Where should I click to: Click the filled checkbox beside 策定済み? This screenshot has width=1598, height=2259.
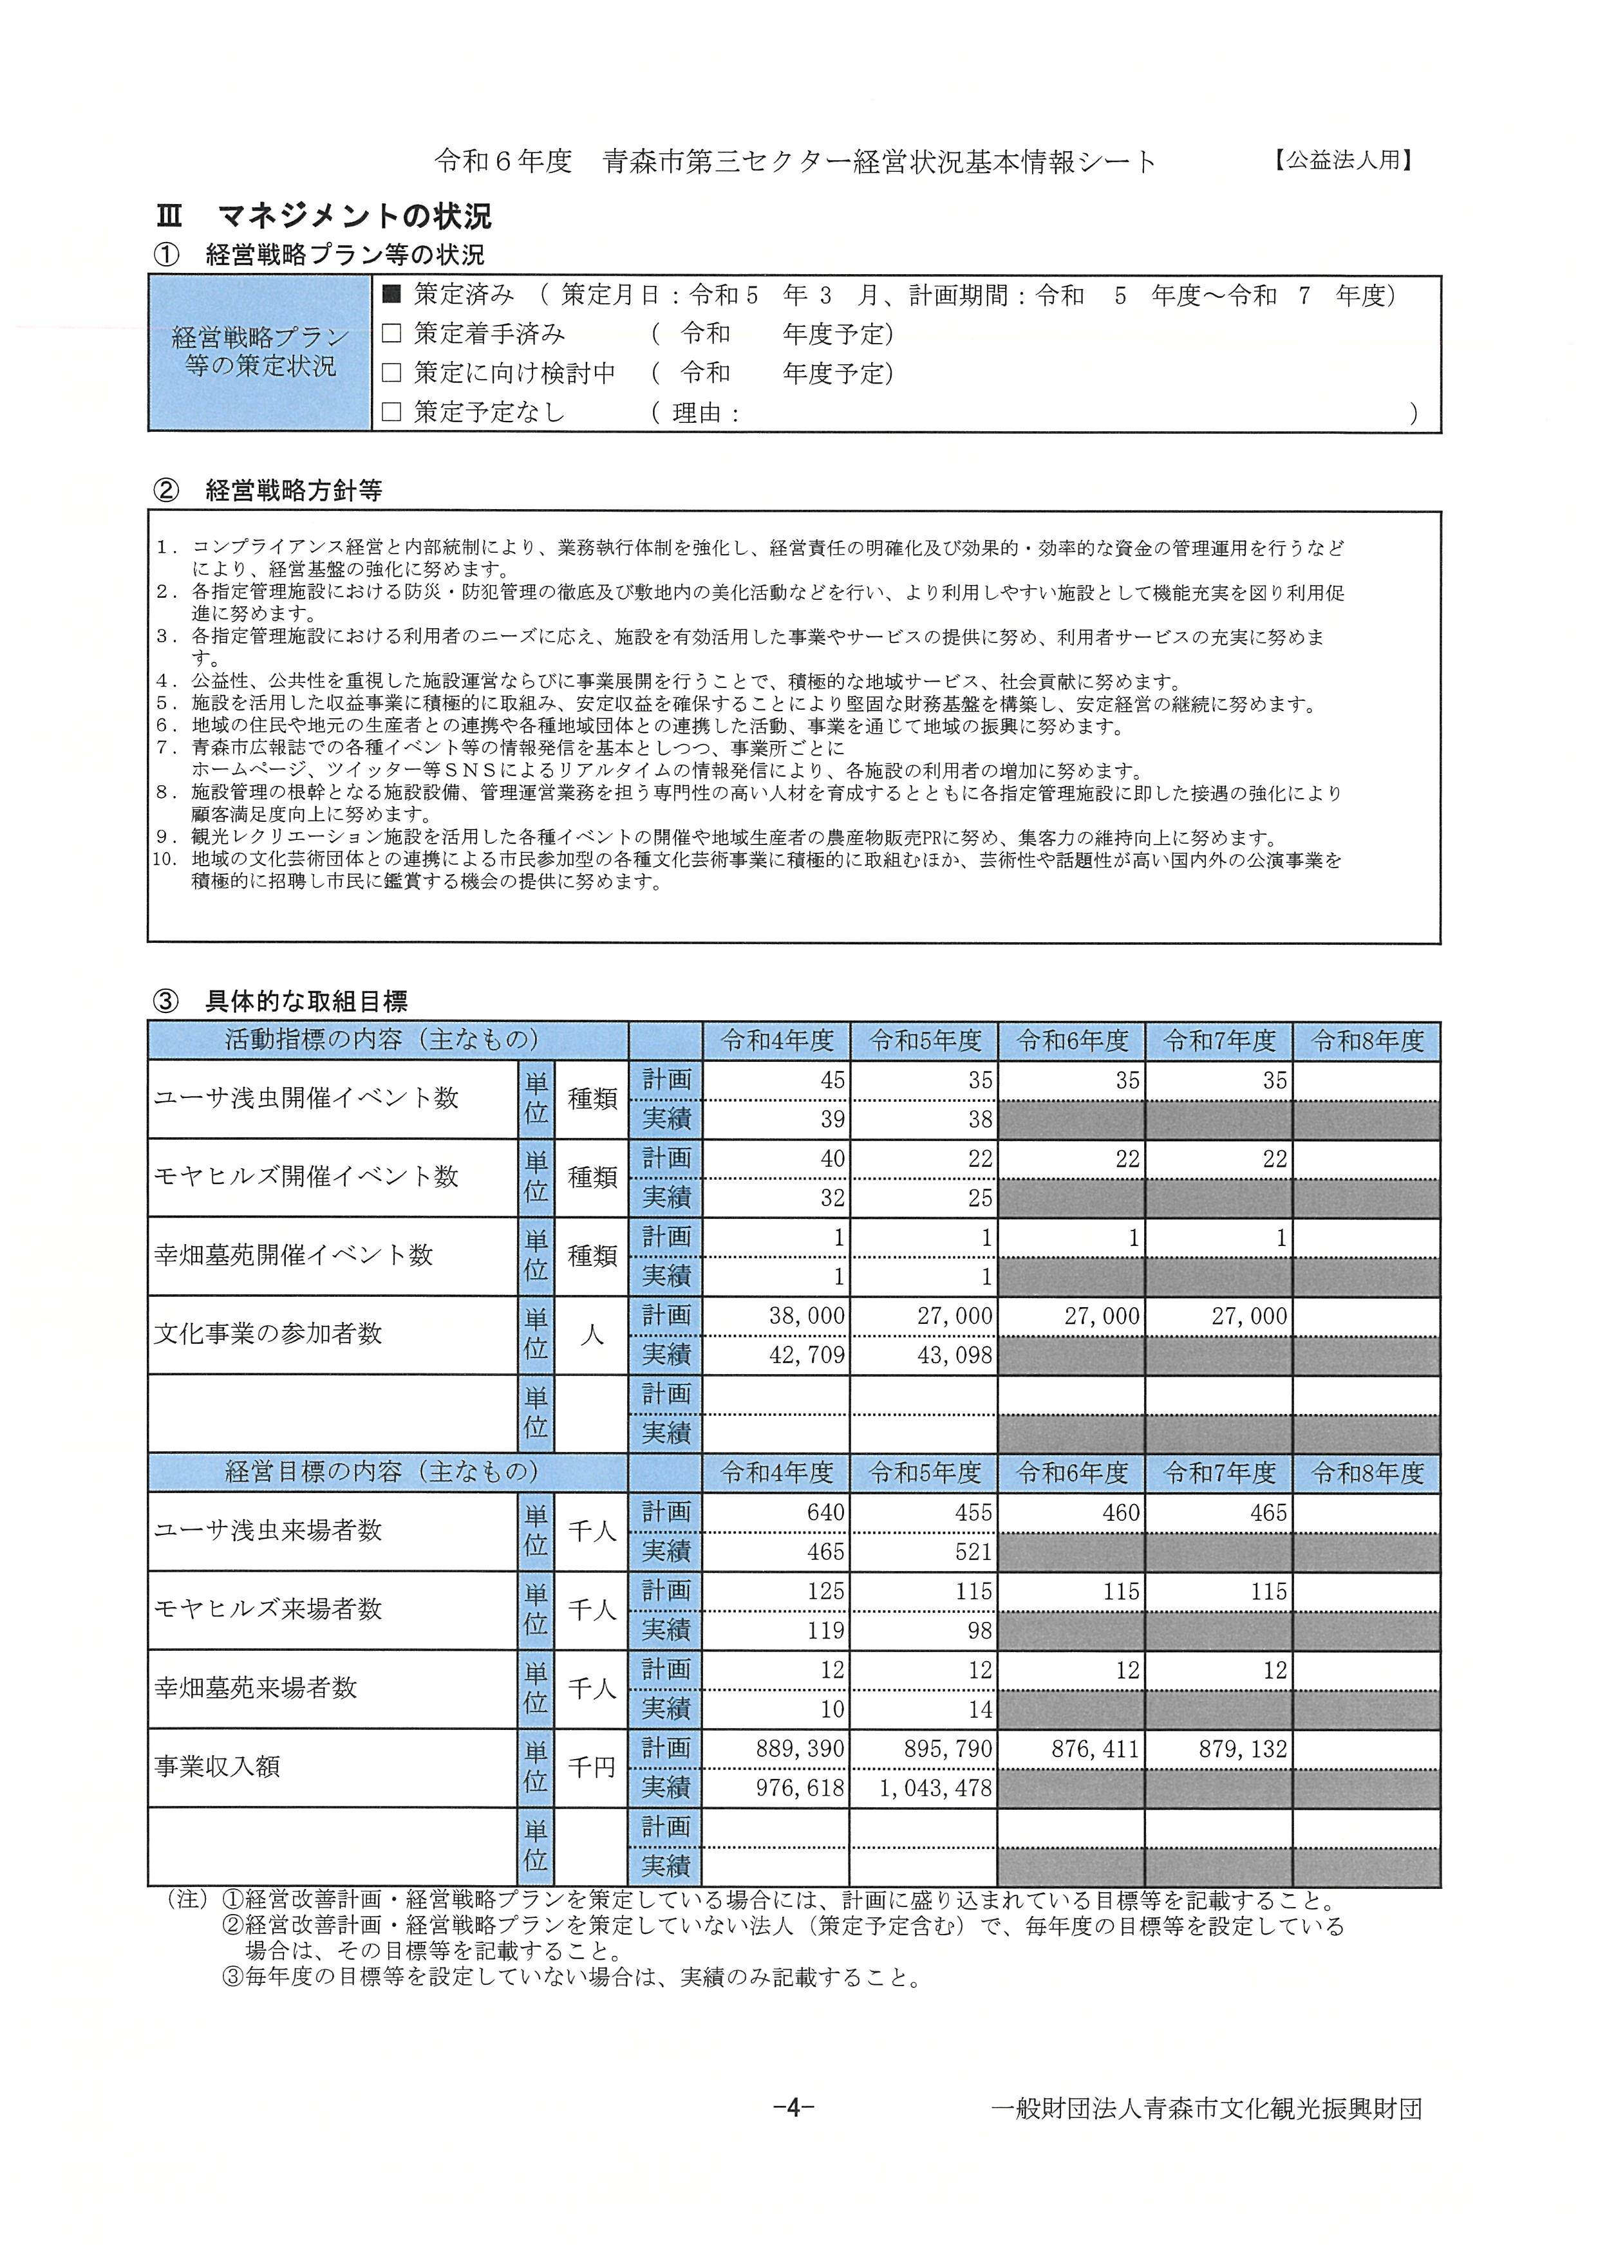click(391, 294)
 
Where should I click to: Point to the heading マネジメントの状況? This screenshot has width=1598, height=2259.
click(354, 216)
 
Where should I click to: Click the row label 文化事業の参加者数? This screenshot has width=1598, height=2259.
click(268, 1334)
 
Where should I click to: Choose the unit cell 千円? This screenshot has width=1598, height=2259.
click(592, 1767)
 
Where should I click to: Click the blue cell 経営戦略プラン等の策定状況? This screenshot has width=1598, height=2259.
click(259, 352)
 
